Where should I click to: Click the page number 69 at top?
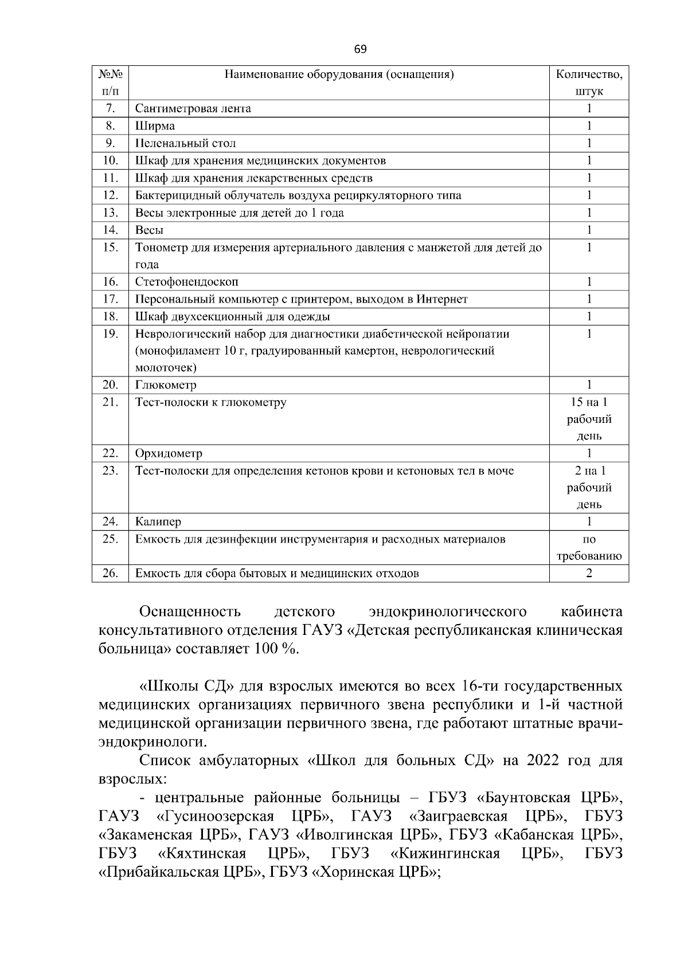(x=360, y=49)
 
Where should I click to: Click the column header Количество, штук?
(x=589, y=83)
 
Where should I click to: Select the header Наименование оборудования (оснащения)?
(x=339, y=74)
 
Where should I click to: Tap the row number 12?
(x=110, y=195)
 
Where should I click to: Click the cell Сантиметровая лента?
(x=193, y=109)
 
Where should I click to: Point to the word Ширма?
(x=155, y=126)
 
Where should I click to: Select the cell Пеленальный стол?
(x=186, y=143)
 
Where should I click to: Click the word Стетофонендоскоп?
(x=187, y=282)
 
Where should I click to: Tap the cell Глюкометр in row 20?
(x=166, y=385)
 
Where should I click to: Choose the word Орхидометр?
(x=169, y=454)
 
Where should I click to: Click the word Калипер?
(x=158, y=522)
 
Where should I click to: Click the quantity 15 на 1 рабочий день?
(x=589, y=419)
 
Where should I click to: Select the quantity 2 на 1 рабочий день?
(x=589, y=488)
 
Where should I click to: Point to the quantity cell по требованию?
(x=589, y=548)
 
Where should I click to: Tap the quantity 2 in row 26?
(x=589, y=574)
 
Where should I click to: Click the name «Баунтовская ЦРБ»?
(x=549, y=798)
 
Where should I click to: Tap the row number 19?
(x=110, y=334)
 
